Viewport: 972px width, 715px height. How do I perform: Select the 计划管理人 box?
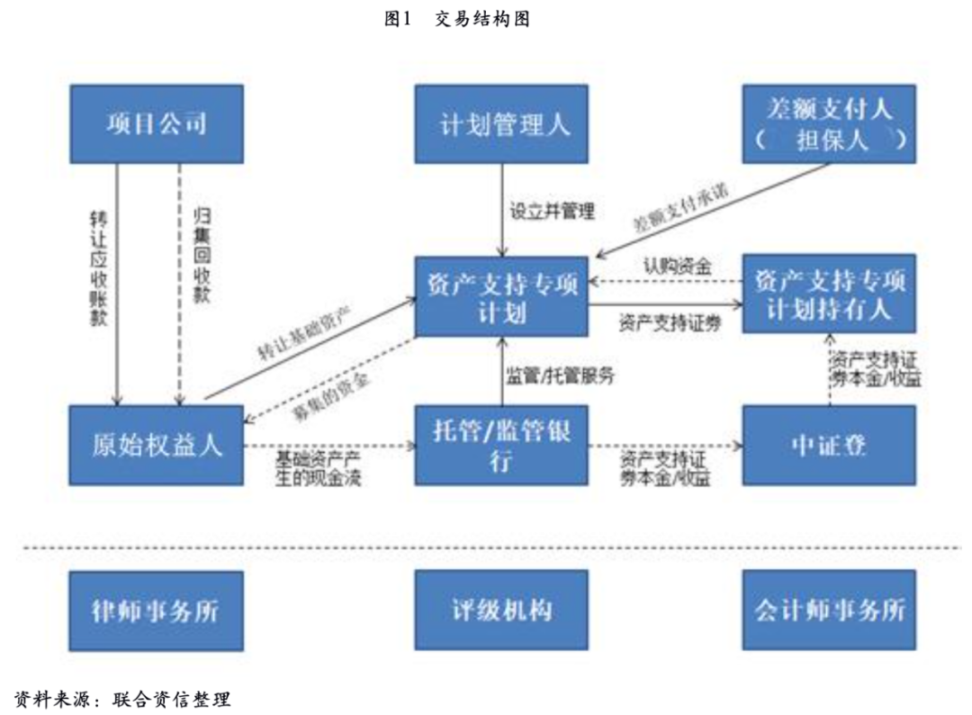(501, 123)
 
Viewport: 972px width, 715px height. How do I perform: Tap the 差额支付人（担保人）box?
(829, 123)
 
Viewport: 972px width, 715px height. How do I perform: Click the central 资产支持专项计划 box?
(501, 297)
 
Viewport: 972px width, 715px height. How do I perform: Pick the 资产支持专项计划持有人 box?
(829, 294)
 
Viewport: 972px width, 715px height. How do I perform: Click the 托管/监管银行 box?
(501, 445)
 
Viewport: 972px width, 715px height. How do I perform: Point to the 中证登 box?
(829, 445)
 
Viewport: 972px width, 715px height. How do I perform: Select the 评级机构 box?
(501, 610)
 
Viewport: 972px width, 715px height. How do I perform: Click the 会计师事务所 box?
(829, 610)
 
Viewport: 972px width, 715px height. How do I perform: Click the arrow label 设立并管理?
(553, 213)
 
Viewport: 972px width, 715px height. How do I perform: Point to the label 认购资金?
(678, 266)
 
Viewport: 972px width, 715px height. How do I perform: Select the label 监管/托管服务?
(560, 377)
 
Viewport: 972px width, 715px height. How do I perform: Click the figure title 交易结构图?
(481, 19)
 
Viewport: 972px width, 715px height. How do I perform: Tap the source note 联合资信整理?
(172, 698)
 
